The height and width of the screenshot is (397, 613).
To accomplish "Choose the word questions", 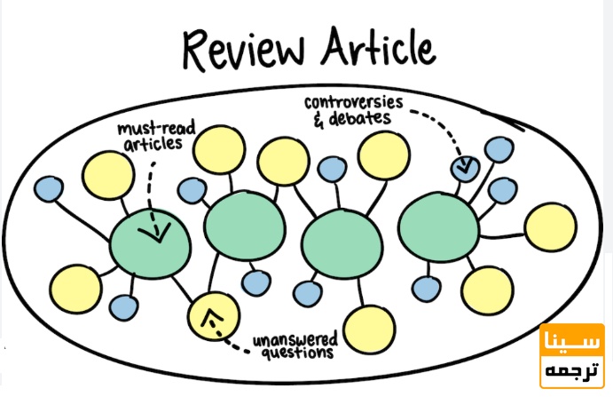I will [297, 352].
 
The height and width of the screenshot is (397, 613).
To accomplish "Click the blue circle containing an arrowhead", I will [464, 165].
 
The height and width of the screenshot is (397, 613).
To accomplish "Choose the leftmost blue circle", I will [48, 188].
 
